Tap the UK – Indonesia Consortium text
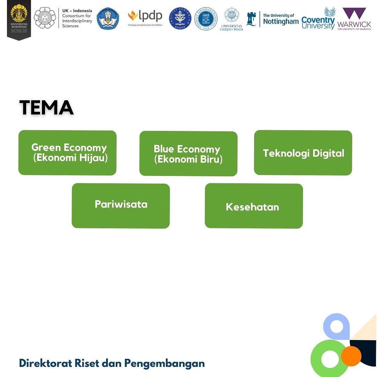click(77, 18)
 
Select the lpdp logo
click(145, 17)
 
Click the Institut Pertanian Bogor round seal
click(180, 19)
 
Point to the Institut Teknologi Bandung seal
click(206, 19)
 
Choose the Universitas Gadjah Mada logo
click(231, 19)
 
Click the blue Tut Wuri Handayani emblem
click(108, 19)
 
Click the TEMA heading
click(46, 108)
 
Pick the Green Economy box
click(67, 153)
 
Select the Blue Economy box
click(188, 154)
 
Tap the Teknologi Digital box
click(303, 153)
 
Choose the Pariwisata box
click(121, 206)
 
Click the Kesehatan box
click(254, 206)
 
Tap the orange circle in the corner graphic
click(351, 356)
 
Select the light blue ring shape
click(337, 327)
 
